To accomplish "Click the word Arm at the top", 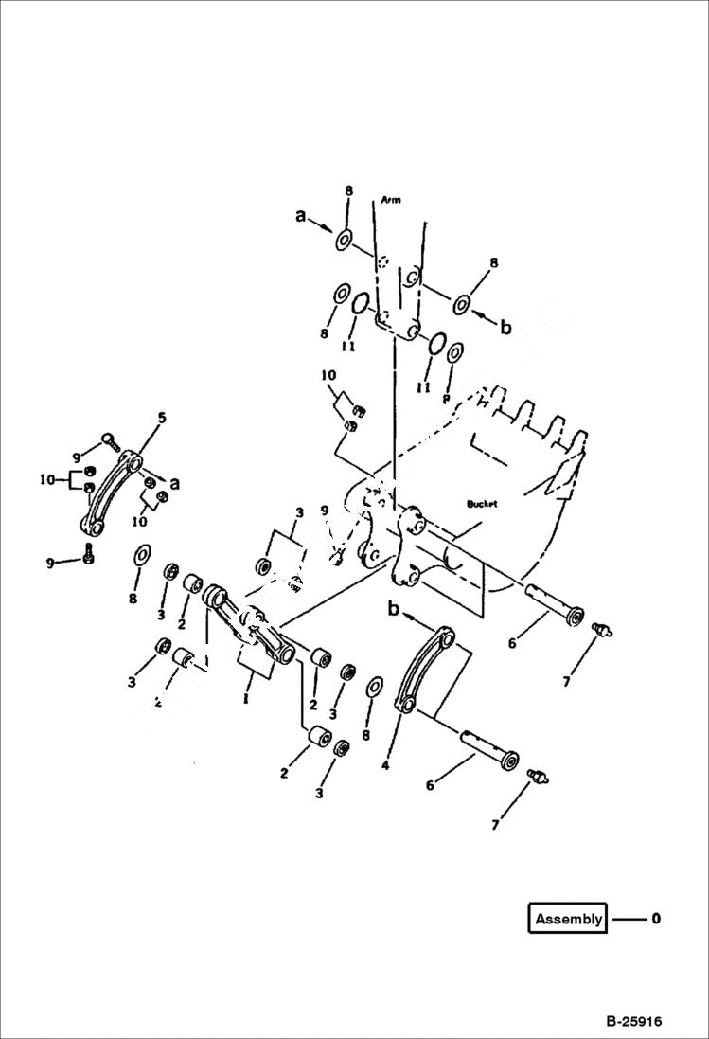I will (391, 201).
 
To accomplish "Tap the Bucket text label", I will (482, 505).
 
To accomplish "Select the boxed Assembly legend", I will (568, 919).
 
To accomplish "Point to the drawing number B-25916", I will (634, 1022).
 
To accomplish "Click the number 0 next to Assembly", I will (656, 919).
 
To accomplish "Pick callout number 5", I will (161, 417).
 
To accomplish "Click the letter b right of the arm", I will (505, 328).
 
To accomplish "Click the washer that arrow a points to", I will (344, 241).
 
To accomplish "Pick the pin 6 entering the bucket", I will (557, 603).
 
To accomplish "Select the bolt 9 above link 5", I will (108, 439).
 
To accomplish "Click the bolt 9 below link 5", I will (89, 555).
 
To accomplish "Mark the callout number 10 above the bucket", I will (328, 375).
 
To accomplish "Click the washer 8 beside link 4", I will (375, 687).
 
